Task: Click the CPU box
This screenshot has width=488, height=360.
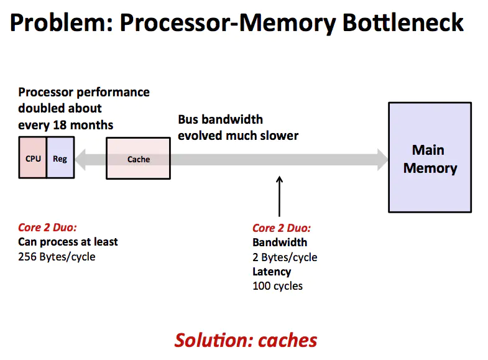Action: (33, 159)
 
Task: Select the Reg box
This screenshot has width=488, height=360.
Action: (60, 159)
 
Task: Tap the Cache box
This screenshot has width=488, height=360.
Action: (138, 159)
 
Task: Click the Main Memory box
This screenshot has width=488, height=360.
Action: (430, 159)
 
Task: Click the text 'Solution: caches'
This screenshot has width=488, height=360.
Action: (246, 340)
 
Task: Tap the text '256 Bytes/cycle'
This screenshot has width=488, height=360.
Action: (57, 256)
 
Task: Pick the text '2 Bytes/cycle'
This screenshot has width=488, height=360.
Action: (285, 257)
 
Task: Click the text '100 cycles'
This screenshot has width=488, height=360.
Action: (277, 286)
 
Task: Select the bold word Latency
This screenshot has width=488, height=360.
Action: (272, 272)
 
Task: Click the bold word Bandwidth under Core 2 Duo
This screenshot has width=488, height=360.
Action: (280, 242)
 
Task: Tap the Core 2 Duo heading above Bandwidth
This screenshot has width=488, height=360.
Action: (282, 228)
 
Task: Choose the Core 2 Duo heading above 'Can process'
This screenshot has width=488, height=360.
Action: (47, 227)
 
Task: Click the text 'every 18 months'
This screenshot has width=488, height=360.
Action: (65, 125)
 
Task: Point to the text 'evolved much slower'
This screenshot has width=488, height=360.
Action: (238, 135)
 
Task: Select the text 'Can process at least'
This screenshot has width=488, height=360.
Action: (68, 242)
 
